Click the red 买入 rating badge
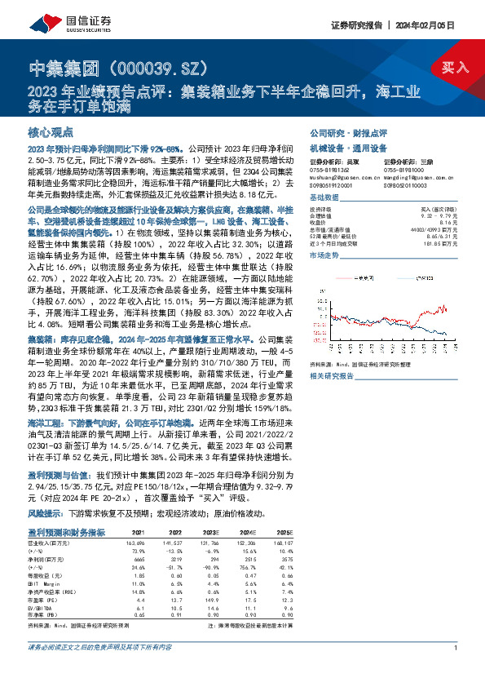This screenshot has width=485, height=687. click(x=454, y=67)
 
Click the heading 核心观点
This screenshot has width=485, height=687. click(x=51, y=131)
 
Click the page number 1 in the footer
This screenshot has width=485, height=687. click(x=453, y=670)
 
